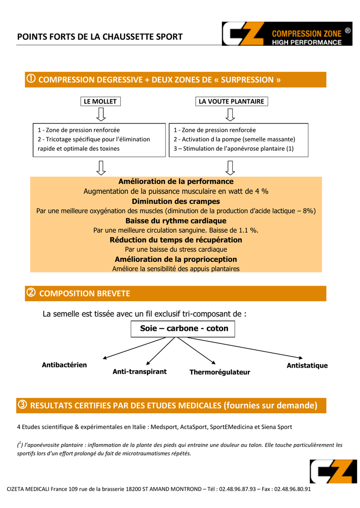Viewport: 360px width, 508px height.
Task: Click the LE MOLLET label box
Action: pos(100,102)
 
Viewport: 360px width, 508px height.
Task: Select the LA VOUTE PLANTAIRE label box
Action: pos(231,102)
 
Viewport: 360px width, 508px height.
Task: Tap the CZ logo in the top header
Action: pos(243,34)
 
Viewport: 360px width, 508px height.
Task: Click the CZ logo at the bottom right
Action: pos(333,471)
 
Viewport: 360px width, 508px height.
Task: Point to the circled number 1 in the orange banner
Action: pos(31,79)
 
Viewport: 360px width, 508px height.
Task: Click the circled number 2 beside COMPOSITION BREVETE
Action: pos(31,293)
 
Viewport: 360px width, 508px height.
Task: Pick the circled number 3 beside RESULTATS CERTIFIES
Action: pos(23,405)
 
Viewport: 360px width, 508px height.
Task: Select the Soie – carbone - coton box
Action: pos(184,328)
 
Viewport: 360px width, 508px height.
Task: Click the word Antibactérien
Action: pos(64,365)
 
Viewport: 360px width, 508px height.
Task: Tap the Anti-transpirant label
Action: pos(140,372)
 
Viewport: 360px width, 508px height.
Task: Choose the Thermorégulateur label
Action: pos(219,372)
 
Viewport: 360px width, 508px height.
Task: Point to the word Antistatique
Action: pos(307,366)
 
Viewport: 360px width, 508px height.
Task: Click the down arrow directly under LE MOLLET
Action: pos(101,115)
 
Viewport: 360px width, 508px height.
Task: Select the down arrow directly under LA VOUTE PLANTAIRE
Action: pos(230,115)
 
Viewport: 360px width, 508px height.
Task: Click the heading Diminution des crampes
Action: pos(176,201)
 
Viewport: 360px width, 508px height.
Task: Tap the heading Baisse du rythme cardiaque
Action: pos(176,221)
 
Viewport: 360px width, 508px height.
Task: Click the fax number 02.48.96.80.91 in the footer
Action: pos(292,489)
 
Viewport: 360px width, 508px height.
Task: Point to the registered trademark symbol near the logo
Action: pos(348,30)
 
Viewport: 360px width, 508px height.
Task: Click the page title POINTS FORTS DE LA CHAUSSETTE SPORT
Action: pos(100,37)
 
